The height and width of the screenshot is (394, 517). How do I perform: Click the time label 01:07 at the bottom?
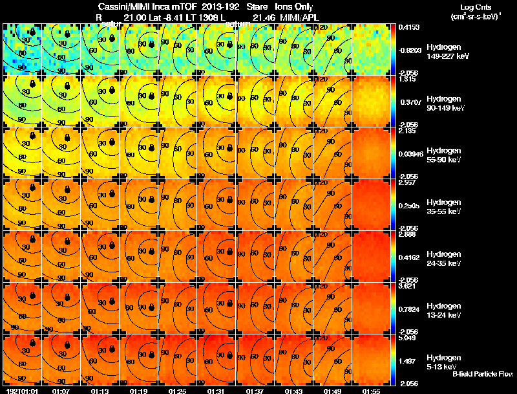(61, 391)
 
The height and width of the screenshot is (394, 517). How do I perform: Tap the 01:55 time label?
(370, 391)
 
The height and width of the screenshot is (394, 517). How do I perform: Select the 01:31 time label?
(216, 391)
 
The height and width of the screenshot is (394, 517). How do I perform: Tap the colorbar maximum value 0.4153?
(407, 27)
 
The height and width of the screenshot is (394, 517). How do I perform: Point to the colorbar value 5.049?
(407, 338)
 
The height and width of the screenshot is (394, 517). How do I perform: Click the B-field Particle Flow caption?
(483, 374)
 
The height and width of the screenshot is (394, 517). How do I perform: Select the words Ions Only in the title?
(293, 7)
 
